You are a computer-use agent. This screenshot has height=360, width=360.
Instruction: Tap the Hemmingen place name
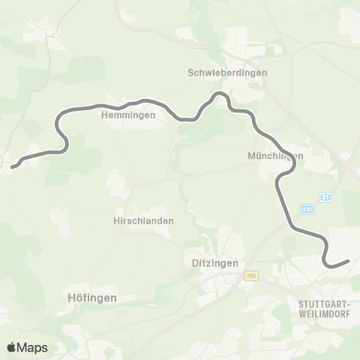pos(127,115)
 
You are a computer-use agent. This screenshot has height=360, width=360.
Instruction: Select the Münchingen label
pos(275,157)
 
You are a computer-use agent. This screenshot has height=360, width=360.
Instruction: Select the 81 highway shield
pos(325,197)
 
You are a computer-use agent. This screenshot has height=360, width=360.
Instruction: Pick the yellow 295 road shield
pos(250,276)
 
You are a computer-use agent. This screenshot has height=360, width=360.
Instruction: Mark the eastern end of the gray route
pos(348,261)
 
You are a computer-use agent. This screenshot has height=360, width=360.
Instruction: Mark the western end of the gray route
pos(12,166)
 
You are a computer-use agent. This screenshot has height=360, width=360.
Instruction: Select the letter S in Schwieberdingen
pos(190,73)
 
